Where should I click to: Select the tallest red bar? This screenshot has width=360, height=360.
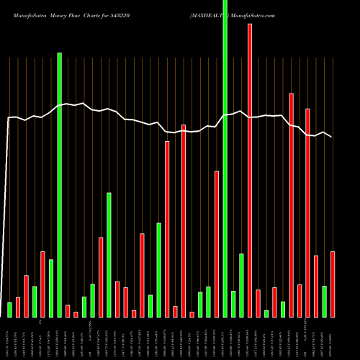(x=250, y=170)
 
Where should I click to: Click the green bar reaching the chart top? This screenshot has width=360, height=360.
(x=225, y=158)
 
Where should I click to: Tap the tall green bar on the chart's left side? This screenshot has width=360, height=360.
(x=60, y=184)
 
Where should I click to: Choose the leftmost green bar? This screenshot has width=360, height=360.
(x=10, y=310)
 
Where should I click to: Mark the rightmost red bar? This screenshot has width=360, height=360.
(x=333, y=284)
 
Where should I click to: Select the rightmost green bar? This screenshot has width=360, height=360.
(x=324, y=301)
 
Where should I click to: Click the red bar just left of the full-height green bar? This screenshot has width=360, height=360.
(x=217, y=243)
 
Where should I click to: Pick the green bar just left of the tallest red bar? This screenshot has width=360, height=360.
(x=241, y=285)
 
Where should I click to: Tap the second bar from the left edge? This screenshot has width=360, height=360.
(x=18, y=307)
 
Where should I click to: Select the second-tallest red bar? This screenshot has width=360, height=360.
(x=291, y=204)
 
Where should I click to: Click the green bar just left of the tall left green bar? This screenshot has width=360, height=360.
(x=51, y=288)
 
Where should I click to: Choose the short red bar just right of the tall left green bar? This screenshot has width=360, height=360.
(x=68, y=310)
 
